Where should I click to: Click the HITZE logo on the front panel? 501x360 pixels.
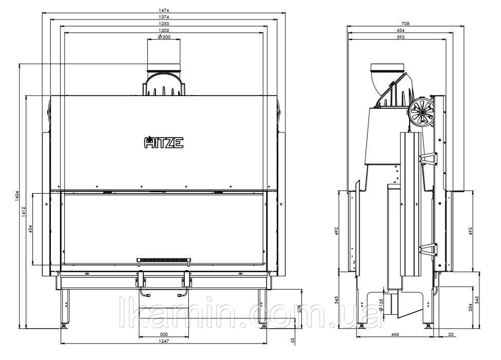(x=164, y=142)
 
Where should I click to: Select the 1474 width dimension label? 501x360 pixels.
(x=164, y=11)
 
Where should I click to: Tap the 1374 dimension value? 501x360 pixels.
(x=164, y=17)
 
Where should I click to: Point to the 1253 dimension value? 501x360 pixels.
(x=164, y=24)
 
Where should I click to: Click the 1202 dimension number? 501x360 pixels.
(x=164, y=30)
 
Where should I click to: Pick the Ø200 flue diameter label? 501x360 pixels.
(x=164, y=37)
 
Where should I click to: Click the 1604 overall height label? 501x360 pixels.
(x=17, y=196)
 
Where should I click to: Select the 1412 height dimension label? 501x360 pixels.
(x=24, y=212)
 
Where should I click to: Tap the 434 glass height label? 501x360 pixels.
(x=30, y=229)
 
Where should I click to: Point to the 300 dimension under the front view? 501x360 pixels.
(x=164, y=334)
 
